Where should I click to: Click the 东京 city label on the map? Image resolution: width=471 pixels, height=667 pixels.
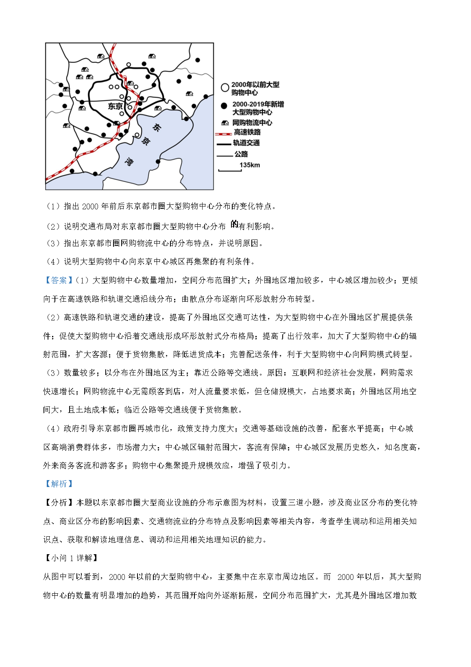pos(115,106)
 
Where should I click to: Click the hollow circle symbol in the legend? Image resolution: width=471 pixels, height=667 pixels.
pos(225,88)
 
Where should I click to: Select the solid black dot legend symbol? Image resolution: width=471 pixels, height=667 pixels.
pos(224,106)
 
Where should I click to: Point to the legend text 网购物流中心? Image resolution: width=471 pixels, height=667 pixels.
pos(252,123)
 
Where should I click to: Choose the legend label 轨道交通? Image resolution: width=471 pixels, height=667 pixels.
pos(246,143)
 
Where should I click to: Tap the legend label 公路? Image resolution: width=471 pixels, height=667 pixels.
pos(241,154)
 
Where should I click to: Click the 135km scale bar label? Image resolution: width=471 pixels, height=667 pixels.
pos(249,165)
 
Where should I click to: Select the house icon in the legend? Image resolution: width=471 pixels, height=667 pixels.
pos(225,123)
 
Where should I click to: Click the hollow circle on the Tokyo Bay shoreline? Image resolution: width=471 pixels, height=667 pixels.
pos(137,135)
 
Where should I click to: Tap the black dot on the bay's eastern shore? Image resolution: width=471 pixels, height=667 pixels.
pos(158,162)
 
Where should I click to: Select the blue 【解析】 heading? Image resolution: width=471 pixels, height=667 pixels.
pos(59,484)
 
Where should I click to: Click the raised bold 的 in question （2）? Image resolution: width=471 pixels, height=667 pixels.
pos(234,224)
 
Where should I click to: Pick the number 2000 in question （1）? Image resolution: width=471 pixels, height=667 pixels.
pos(90,206)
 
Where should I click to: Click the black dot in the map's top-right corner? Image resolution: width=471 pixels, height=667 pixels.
pos(198,60)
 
